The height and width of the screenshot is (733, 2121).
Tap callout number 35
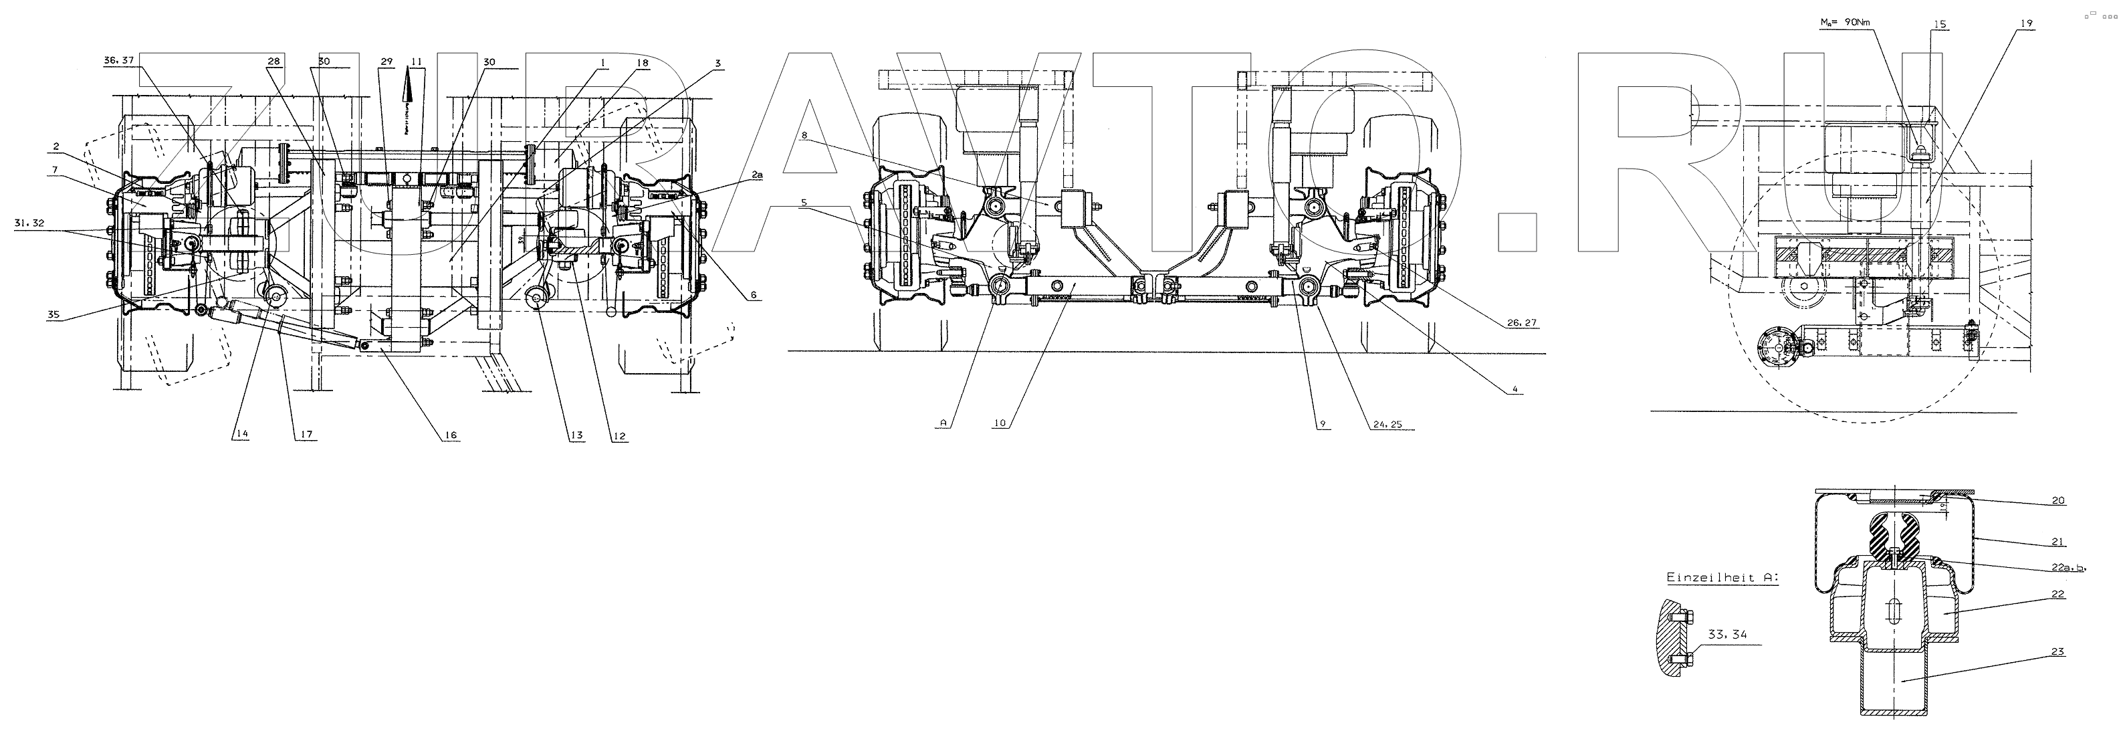click(53, 314)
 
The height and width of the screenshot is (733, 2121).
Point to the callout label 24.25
click(1388, 424)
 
